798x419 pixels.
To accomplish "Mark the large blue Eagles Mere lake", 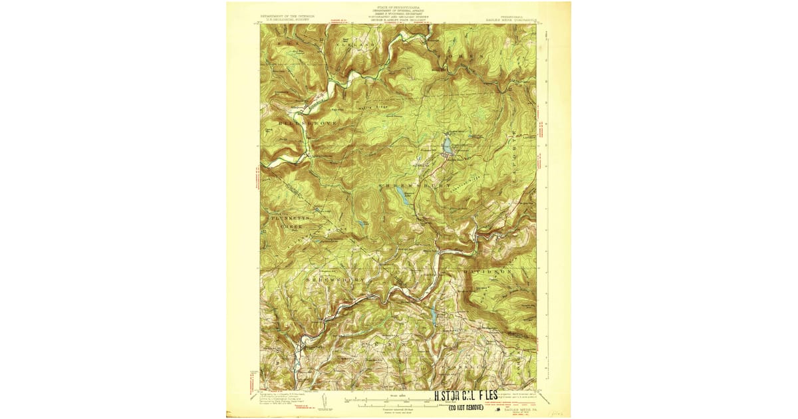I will [x=448, y=144].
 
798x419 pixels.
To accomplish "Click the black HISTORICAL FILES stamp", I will [x=465, y=397].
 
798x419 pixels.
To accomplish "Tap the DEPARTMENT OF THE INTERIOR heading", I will [x=287, y=15].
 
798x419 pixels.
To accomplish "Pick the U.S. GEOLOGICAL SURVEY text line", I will [x=287, y=19].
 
